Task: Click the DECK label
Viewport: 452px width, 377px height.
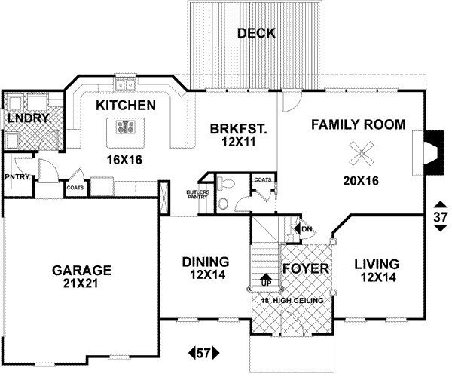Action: point(256,33)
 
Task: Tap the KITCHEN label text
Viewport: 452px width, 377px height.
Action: point(125,106)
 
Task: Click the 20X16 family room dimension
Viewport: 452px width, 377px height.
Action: point(359,181)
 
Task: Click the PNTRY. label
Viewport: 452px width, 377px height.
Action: point(17,177)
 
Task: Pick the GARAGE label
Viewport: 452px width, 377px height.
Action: point(81,270)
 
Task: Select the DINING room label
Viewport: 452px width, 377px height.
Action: point(205,261)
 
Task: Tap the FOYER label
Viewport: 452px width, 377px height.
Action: point(305,268)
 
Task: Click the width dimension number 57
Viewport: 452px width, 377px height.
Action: point(203,352)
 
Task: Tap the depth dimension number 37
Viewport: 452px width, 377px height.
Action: point(441,216)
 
